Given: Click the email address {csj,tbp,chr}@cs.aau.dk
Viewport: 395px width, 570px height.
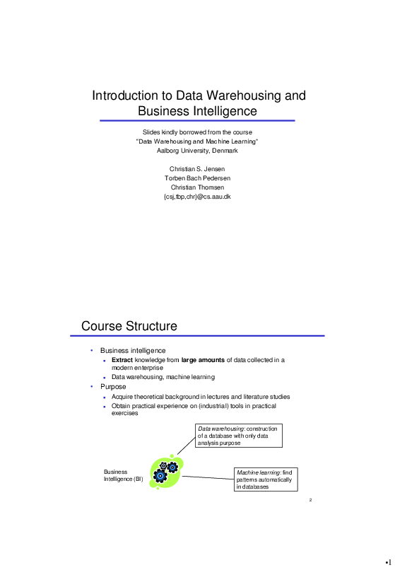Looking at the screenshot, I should (197, 197).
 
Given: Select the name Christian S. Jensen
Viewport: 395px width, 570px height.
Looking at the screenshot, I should (197, 169).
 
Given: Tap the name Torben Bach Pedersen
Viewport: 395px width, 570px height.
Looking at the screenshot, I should (197, 178).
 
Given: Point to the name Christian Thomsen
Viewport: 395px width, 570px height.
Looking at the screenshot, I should (197, 187).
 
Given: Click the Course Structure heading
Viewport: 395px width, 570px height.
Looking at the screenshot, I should (129, 326).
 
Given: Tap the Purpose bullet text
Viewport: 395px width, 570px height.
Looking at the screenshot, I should (113, 387).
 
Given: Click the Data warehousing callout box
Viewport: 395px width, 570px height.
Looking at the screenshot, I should (239, 436).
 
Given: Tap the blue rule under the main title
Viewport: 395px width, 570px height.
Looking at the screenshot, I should (197, 121).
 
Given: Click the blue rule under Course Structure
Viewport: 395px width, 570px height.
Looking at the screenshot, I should (203, 336).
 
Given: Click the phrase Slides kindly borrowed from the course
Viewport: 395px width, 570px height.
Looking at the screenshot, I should (197, 133).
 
